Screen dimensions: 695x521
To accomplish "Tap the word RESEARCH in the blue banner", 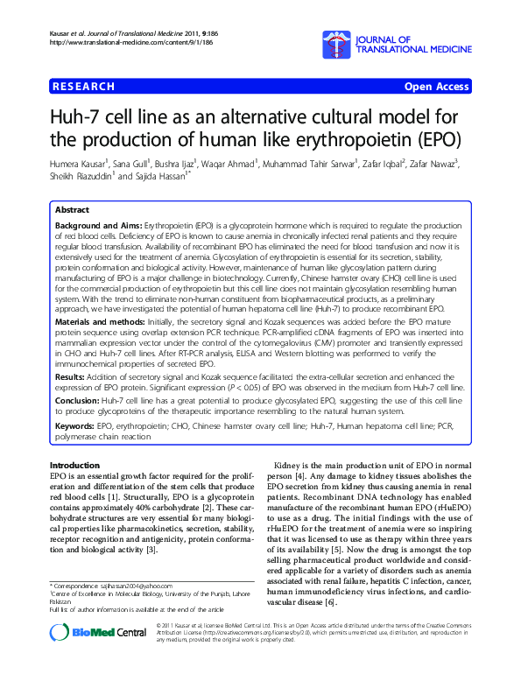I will click(x=84, y=87).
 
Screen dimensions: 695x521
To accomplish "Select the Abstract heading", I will click(x=72, y=211).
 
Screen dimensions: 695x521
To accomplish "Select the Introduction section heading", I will click(x=74, y=465).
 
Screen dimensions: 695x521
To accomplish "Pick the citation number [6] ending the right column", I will click(x=329, y=579).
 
